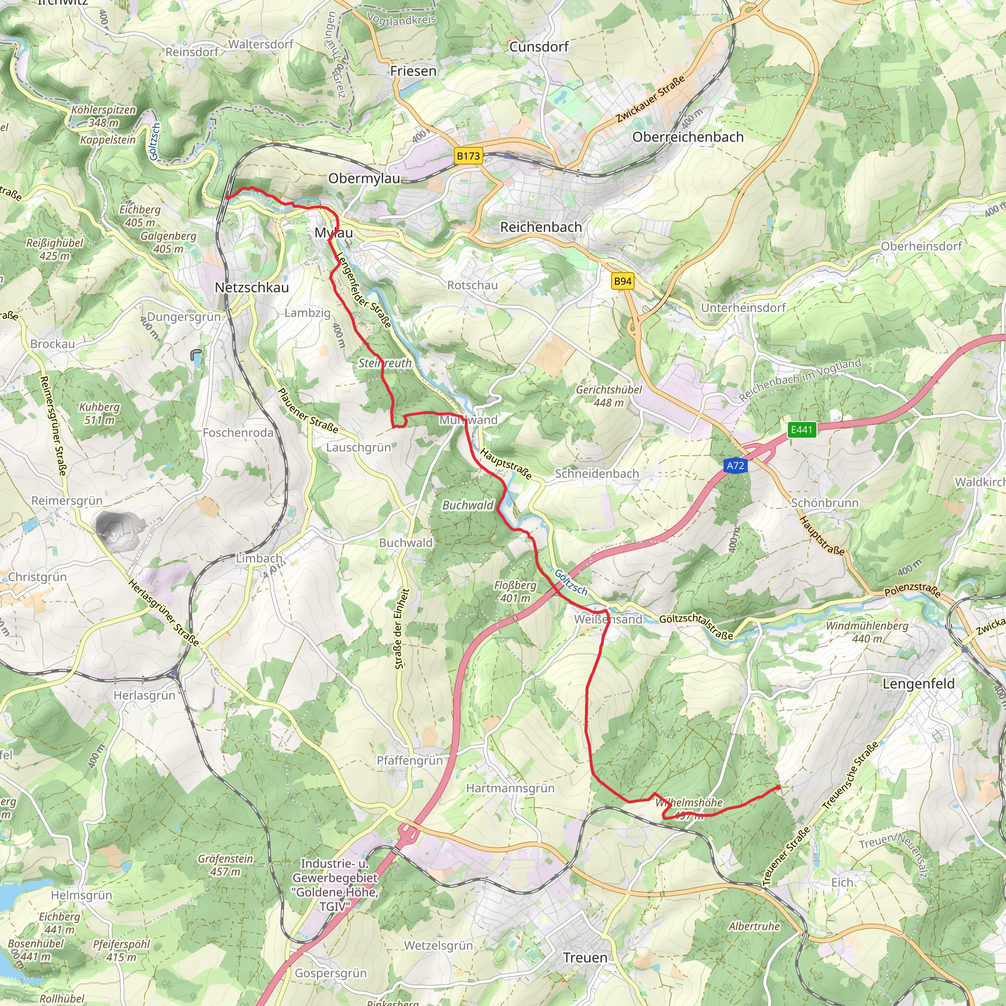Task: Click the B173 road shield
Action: [468, 156]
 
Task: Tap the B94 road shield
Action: [623, 281]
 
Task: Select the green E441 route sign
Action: [801, 430]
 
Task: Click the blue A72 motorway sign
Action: [735, 466]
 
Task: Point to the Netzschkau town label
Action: [251, 287]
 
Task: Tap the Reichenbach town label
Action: [541, 227]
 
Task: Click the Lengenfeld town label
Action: [918, 684]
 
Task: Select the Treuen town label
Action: [585, 957]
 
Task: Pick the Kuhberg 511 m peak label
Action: [99, 414]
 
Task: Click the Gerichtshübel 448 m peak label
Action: [609, 396]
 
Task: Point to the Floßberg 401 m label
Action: [515, 591]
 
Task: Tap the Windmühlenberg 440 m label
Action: [867, 632]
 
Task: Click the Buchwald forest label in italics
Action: [468, 505]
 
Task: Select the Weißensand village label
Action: [608, 619]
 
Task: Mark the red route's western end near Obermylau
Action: [227, 197]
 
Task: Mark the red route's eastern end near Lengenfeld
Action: [779, 787]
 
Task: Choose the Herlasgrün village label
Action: [144, 696]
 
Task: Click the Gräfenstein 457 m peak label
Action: [225, 865]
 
